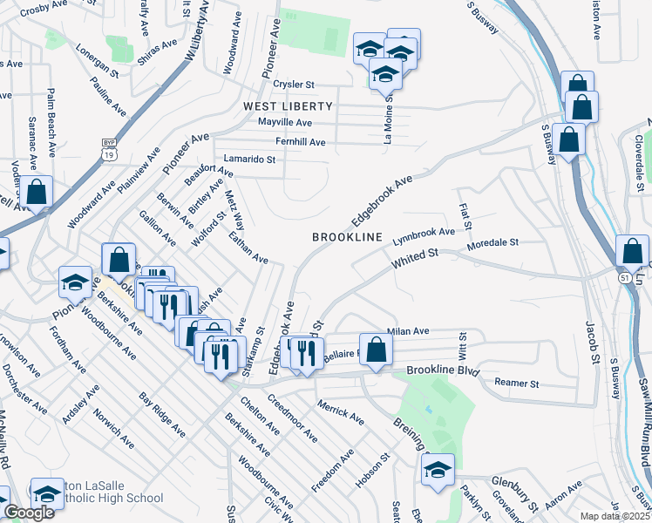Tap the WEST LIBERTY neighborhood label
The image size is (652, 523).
tap(288, 105)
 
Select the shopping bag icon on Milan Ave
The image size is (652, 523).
tap(376, 351)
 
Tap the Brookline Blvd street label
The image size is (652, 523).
tap(444, 371)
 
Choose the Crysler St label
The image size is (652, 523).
tap(293, 85)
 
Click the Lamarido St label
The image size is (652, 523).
tap(249, 160)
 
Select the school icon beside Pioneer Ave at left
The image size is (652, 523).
tap(76, 282)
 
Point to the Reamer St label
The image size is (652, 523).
tap(517, 384)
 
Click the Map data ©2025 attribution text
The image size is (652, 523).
tap(614, 516)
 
